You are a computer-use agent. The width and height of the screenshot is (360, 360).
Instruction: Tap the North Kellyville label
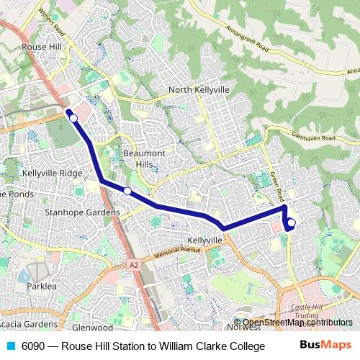click(x=199, y=90)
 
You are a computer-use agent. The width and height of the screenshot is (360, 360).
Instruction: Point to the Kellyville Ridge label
click(x=52, y=174)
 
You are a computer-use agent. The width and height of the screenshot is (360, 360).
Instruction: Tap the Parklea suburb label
click(x=41, y=286)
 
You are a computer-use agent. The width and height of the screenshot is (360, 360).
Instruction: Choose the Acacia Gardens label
click(x=28, y=324)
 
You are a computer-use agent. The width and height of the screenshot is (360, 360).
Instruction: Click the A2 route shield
click(x=133, y=265)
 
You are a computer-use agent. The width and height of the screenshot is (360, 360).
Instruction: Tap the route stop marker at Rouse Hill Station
click(x=73, y=117)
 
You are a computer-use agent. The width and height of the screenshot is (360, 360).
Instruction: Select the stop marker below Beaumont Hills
click(x=127, y=191)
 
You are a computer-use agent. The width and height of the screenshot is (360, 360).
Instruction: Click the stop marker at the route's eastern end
click(x=292, y=222)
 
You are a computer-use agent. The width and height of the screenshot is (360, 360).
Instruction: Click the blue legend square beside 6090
click(x=9, y=346)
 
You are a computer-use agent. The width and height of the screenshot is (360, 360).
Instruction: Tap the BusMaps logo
click(x=323, y=346)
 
